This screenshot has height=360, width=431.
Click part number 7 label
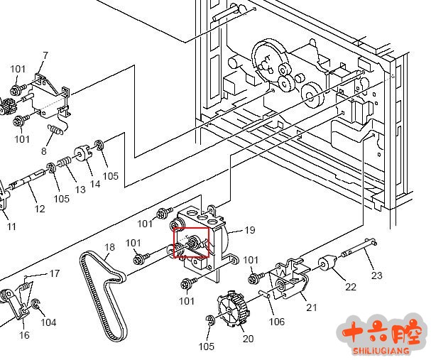pos(45,55)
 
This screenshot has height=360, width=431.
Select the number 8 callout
pos(44,151)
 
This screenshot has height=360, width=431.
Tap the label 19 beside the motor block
pos(249,230)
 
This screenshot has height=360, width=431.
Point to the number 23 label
pos(377,276)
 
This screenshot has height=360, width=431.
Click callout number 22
pos(351,287)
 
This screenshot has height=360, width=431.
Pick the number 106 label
pos(276,322)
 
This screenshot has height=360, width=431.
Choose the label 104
pos(48,322)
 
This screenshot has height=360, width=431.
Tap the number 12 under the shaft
pos(40,209)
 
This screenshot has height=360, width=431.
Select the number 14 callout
pos(95,184)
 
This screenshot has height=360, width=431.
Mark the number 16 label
pos(24,335)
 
